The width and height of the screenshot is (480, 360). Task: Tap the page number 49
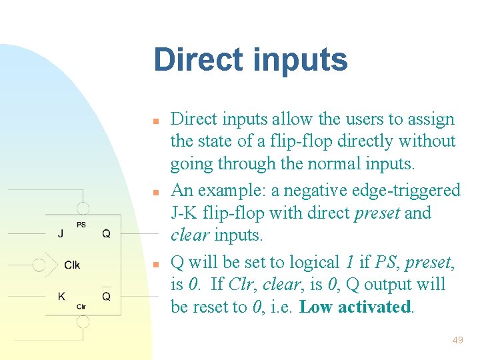pos(457,341)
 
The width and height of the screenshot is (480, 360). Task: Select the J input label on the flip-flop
pos(61,234)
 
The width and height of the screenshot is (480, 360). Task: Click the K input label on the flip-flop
pos(61,296)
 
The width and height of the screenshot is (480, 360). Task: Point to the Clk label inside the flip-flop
pos(72,265)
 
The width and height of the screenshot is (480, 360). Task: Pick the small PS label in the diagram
pos(81,225)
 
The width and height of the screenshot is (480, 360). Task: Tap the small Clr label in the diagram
pos(81,306)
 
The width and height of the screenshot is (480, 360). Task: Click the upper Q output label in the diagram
pos(107,234)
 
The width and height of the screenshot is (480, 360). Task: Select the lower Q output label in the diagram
pos(107,296)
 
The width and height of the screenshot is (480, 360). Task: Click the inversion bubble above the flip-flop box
pos(82,208)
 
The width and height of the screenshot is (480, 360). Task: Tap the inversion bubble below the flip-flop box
pos(82,322)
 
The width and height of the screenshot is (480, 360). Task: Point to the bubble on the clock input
pos(39,265)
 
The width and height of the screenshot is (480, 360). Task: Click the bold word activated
pos(375,307)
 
